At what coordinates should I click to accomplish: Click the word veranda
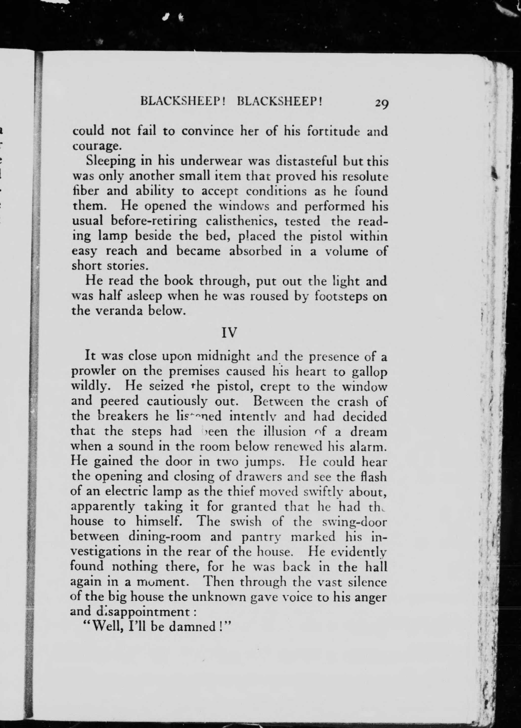click(115, 311)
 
